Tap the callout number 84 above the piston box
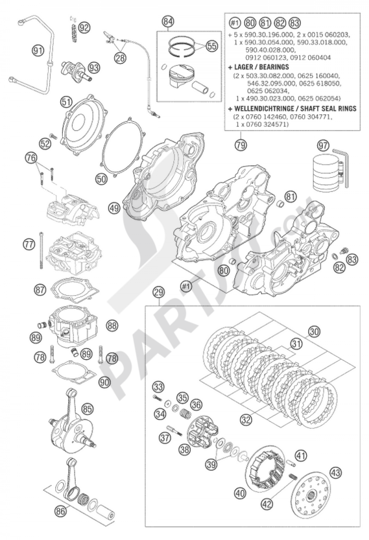click(168, 21)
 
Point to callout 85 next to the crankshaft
click(87, 409)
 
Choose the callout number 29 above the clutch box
click(159, 293)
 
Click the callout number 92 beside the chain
click(85, 27)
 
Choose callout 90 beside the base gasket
click(105, 382)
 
